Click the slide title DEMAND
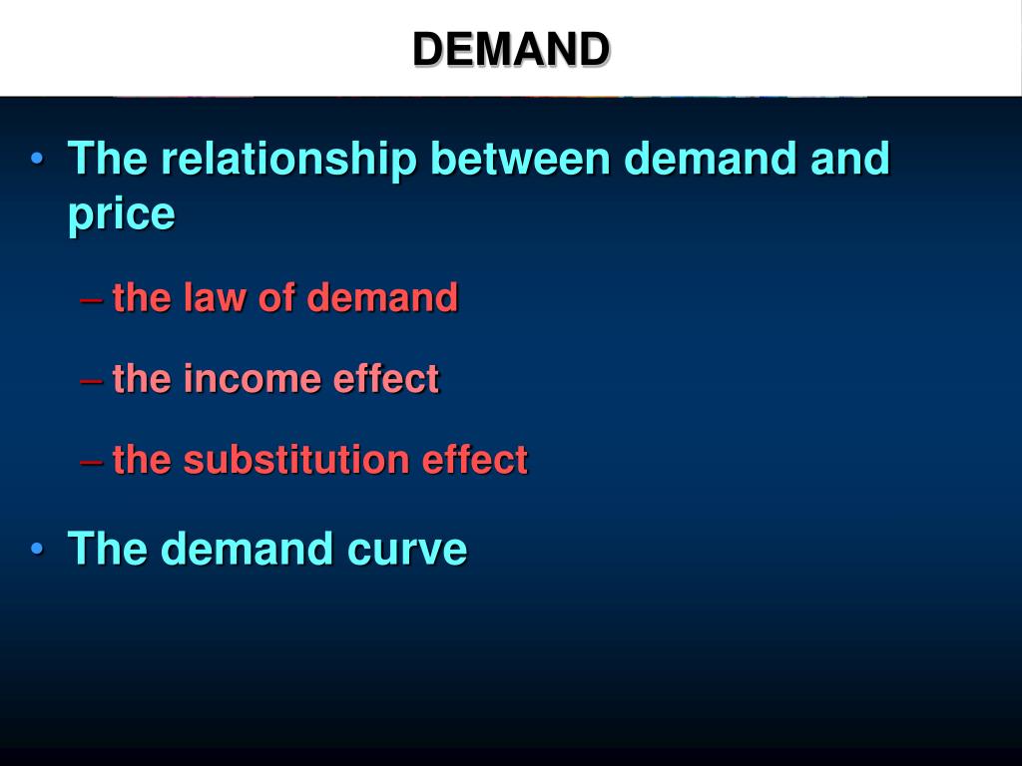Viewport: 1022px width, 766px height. click(511, 50)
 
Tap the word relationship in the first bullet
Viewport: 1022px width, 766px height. click(288, 159)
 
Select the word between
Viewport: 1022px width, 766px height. click(520, 158)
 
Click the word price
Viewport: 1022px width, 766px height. click(121, 214)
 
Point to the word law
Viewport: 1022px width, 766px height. click(215, 297)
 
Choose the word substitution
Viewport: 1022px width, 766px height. click(296, 459)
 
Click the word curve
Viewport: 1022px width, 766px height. click(411, 550)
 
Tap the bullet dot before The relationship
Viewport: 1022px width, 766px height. click(37, 159)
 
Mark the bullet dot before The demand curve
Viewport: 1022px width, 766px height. click(37, 549)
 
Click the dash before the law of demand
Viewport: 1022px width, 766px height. click(91, 300)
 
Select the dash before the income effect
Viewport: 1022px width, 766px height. click(91, 381)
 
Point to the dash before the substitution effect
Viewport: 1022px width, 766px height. click(91, 462)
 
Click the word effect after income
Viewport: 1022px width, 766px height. click(386, 378)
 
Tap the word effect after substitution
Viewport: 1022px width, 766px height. click(474, 459)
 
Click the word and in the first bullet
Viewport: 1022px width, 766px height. click(850, 158)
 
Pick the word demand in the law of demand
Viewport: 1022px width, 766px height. click(382, 297)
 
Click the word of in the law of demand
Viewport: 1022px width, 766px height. click(276, 297)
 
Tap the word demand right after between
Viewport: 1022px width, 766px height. click(711, 158)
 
